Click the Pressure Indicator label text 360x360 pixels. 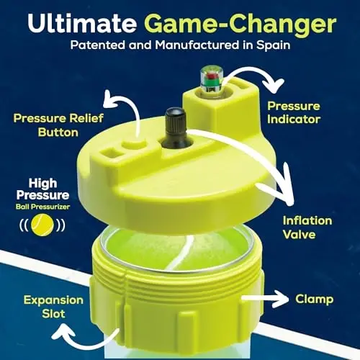293,112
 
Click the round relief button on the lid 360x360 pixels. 130,145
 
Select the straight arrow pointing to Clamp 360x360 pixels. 263,297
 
